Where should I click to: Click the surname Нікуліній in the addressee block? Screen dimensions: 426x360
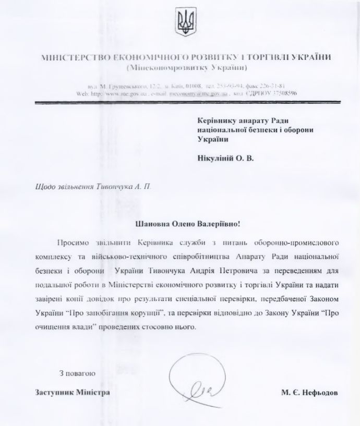point(215,157)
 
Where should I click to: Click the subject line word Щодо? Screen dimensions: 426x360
point(29,187)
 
